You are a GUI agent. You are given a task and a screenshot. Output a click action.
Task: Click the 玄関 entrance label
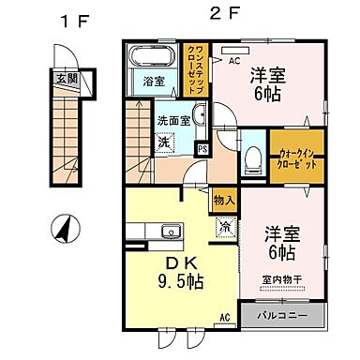(x=64, y=79)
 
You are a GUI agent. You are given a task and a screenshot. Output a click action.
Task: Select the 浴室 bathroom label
(x=154, y=82)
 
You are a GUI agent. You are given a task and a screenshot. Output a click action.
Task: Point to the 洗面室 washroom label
(x=173, y=120)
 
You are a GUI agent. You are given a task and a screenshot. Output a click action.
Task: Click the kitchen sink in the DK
(x=171, y=232)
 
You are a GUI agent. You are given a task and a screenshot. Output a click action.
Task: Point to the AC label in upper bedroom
(x=233, y=59)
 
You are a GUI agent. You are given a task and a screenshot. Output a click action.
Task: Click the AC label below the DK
(x=225, y=317)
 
